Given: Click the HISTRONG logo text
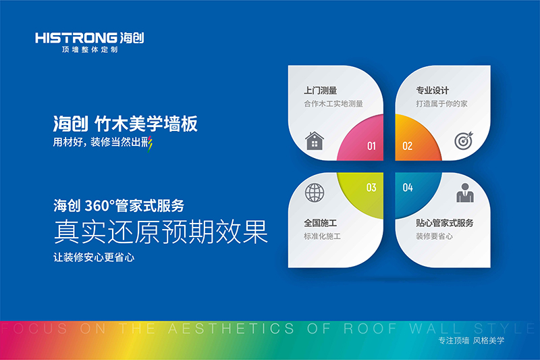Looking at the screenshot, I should tap(70, 38).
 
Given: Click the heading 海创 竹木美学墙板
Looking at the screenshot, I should tap(126, 124).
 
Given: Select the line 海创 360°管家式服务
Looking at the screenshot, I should tap(119, 205).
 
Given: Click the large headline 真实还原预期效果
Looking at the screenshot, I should tap(161, 232).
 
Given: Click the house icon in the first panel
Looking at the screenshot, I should tap(315, 140).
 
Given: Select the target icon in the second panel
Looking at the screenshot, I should tap(463, 140).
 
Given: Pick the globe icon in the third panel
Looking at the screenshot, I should tap(315, 192).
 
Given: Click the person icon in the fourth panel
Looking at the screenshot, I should tap(464, 193).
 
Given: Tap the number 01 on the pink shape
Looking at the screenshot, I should tap(371, 145).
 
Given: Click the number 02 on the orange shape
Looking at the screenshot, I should tap(407, 145).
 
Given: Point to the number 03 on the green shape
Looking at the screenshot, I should tap(371, 188).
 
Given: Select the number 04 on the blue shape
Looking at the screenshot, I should tap(408, 188).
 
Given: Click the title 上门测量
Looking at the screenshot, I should tap(321, 90).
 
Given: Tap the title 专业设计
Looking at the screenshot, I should tap(433, 90).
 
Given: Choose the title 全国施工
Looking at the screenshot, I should tap(321, 223).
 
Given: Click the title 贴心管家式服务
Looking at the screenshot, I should tap(444, 223).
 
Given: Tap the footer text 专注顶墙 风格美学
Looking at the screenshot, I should tap(471, 340).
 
